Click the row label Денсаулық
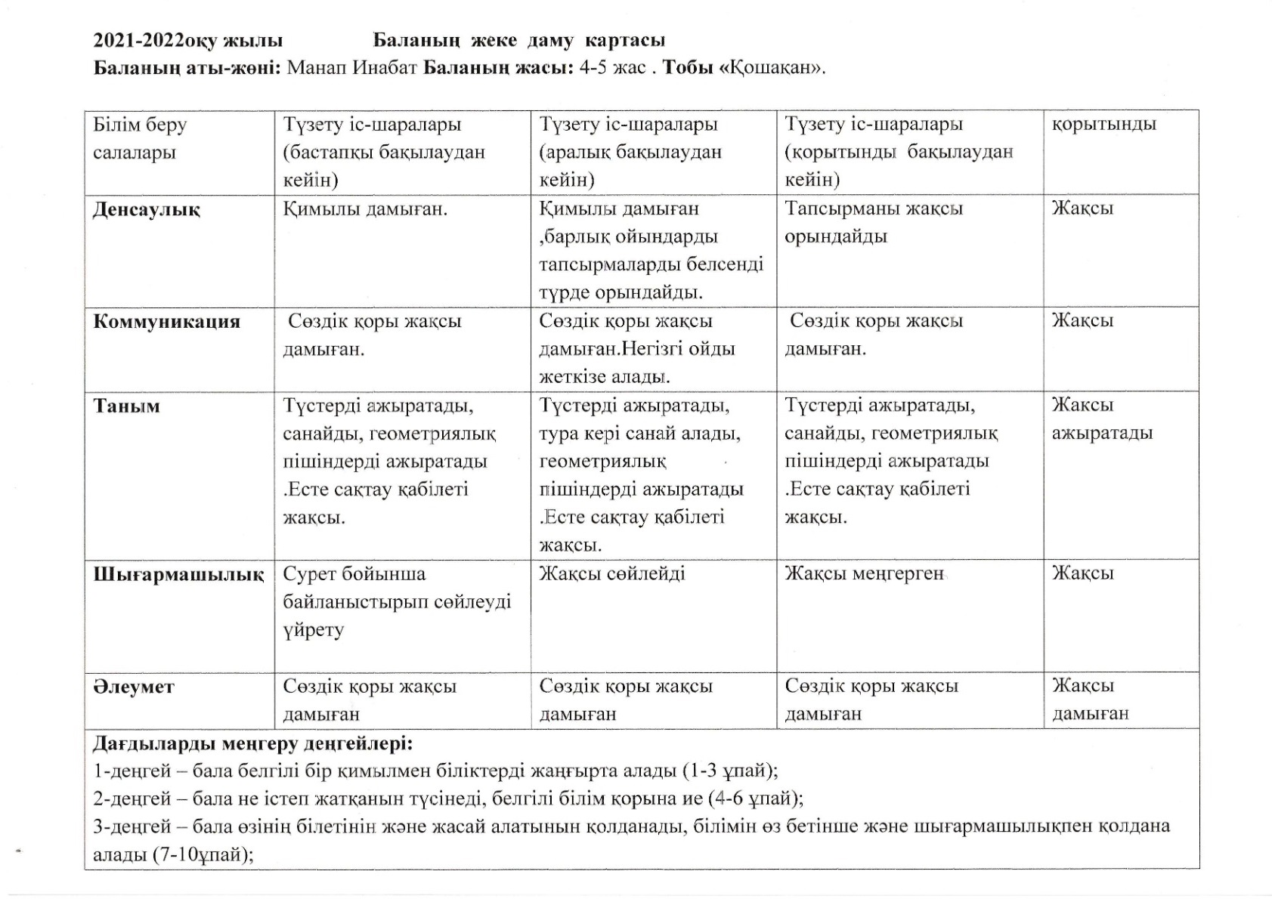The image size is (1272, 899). (147, 210)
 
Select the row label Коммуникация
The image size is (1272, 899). (166, 322)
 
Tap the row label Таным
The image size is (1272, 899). (126, 406)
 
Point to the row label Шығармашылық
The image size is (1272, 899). (178, 574)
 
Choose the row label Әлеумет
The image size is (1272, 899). (133, 687)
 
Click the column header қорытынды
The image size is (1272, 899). (1103, 124)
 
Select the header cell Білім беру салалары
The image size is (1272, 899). (140, 138)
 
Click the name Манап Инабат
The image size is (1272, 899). (352, 67)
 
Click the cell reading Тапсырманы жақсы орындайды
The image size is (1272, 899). (873, 222)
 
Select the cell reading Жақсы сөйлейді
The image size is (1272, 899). (611, 573)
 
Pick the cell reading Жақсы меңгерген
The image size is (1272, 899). (864, 573)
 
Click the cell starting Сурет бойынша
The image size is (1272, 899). (397, 601)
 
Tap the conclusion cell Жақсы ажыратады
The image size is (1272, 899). (1101, 419)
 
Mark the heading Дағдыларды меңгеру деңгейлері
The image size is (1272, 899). (253, 743)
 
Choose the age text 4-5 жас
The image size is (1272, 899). (612, 67)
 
